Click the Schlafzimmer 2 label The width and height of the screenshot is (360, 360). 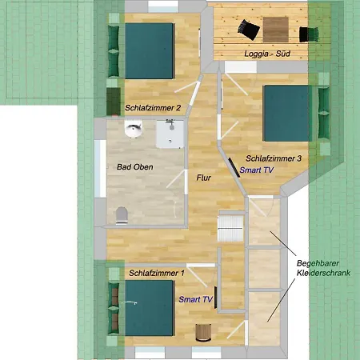coord(153,108)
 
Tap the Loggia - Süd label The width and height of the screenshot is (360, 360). coord(267,54)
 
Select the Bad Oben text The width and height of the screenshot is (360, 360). coord(135,167)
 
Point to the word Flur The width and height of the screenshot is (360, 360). coord(204,178)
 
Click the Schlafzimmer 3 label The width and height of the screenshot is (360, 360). coord(274,158)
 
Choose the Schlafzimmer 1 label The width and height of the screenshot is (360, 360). coord(157,273)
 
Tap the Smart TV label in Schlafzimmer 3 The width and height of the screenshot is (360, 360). coord(257,170)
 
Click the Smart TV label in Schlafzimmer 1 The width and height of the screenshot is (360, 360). coord(196,299)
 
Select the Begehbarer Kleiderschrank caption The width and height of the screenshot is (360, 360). coord(323,268)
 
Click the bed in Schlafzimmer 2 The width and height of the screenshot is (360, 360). coord(150,50)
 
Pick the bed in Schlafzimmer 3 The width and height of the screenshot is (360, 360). coord(287,113)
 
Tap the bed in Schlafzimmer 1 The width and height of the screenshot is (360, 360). coord(150,308)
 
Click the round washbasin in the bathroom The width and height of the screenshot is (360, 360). coord(134,129)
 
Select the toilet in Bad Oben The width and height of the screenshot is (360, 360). coord(122,215)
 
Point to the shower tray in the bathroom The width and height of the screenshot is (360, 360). coord(170,134)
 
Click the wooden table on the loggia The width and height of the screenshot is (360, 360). coord(276,30)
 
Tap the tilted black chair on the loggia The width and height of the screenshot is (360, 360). coord(249,30)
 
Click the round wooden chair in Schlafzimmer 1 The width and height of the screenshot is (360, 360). coord(203,333)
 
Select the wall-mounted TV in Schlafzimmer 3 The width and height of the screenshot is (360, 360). coord(234,167)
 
